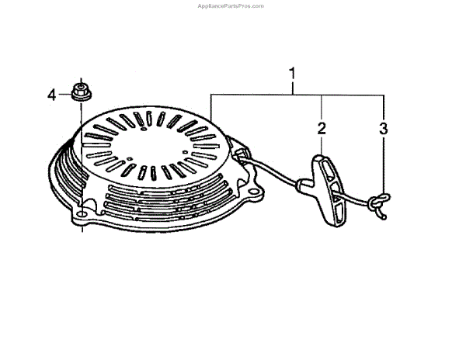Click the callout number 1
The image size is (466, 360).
pyautogui.click(x=292, y=75)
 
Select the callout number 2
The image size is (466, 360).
pyautogui.click(x=321, y=126)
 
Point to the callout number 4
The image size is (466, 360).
pyautogui.click(x=52, y=95)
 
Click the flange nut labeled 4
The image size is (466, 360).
pyautogui.click(x=79, y=92)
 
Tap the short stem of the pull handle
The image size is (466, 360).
pyautogui.click(x=305, y=185)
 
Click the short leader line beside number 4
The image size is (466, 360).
pyautogui.click(x=64, y=95)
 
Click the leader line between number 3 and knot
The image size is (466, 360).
pyautogui.click(x=382, y=167)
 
